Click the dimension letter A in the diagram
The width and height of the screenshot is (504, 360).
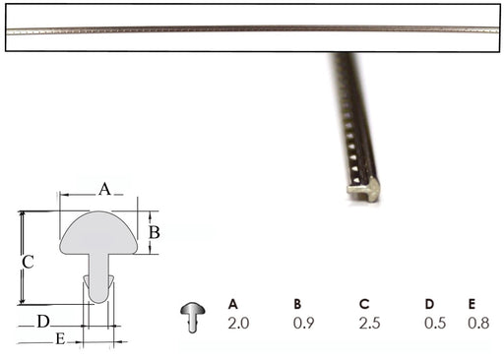(104, 189)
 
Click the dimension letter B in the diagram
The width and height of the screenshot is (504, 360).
(155, 232)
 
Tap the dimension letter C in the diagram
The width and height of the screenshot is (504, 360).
(28, 263)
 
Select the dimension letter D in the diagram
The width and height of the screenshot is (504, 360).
(43, 322)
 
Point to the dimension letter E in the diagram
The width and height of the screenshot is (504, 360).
(60, 338)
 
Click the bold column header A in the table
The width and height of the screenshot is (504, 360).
(233, 304)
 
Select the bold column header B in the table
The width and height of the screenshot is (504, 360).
(297, 304)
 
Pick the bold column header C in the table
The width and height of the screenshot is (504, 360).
(364, 304)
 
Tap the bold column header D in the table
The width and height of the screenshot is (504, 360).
(429, 304)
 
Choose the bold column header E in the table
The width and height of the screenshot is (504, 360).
(472, 304)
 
